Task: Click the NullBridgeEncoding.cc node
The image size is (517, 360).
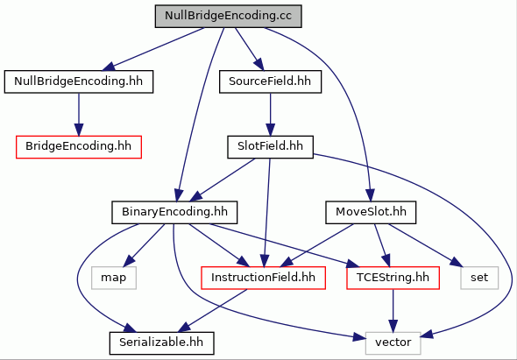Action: pos(228,16)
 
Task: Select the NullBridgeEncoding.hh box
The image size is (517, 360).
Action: pos(79,81)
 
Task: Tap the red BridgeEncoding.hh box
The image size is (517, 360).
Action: pos(79,146)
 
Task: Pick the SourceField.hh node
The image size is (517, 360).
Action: pos(270,81)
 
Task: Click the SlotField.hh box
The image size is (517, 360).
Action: pos(270,146)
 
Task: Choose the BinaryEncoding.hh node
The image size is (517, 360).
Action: pos(174,212)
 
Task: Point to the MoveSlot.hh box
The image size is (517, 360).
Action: pos(371,212)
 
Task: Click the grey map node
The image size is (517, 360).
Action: pos(113,278)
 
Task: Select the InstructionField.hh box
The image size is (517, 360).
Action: pos(263,278)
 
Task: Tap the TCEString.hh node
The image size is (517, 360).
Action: pos(393,278)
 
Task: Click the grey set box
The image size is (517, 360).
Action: pos(479,278)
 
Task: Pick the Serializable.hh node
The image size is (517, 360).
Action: pos(161,342)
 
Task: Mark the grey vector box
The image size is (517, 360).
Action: pos(393,342)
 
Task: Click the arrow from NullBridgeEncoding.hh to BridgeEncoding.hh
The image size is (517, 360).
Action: pos(79,114)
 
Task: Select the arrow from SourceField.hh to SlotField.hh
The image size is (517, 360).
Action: pos(270,114)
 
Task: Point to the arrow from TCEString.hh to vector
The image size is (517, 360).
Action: pos(393,310)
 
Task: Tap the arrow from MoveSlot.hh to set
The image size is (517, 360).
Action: pos(425,245)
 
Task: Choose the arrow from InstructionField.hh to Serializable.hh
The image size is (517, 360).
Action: pos(213,311)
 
